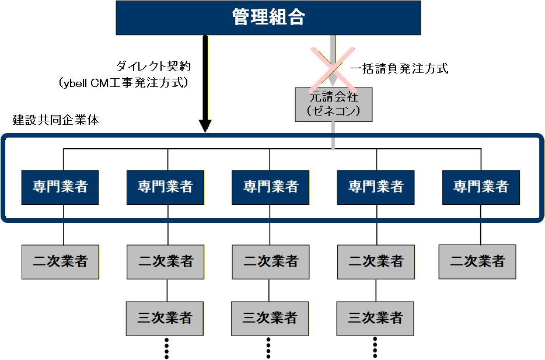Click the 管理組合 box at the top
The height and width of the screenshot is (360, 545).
268,18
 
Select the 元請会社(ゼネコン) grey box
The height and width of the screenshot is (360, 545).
333,104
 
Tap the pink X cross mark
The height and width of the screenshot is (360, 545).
333,65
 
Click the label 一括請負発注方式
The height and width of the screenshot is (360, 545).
399,69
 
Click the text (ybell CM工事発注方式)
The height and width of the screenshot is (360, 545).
124,83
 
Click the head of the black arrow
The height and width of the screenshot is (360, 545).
205,125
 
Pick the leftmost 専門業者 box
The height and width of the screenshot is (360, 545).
60,187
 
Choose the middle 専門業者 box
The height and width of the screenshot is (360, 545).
270,187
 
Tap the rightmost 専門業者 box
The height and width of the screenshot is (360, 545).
481,187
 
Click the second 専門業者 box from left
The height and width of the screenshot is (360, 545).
166,187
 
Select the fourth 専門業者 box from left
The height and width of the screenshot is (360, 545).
376,187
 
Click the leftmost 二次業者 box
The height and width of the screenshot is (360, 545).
60,261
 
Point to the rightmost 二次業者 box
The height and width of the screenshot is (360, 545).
477,261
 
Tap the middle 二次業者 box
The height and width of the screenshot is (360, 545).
270,261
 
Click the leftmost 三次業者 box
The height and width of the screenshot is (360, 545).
165,319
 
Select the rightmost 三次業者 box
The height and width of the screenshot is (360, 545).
375,319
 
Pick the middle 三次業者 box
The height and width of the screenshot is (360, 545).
270,319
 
